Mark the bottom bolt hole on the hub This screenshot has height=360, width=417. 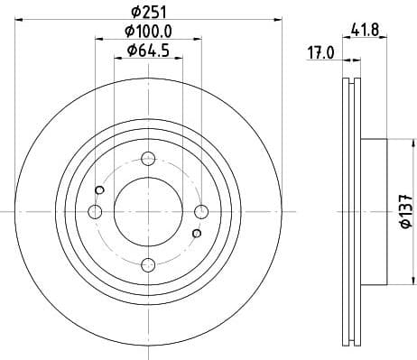[x=147, y=263]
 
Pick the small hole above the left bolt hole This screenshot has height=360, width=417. [x=98, y=189]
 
